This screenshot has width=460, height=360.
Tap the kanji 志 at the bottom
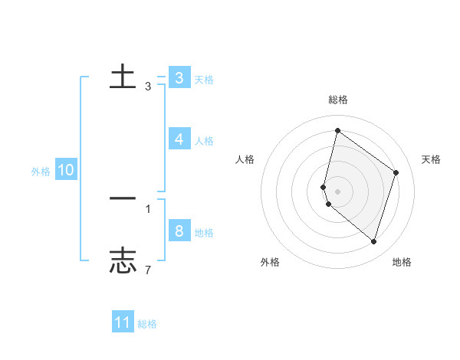(x=123, y=260)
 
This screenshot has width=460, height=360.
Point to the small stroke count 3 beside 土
(x=148, y=87)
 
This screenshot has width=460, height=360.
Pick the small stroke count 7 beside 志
(x=148, y=269)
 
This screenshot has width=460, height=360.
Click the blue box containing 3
(x=179, y=78)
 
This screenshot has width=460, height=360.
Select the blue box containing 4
(x=179, y=139)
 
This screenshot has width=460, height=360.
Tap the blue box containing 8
(x=179, y=231)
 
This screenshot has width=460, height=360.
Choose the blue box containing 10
(x=65, y=171)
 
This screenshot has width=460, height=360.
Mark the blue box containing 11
(x=123, y=323)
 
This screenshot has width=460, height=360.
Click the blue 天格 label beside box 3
(x=204, y=80)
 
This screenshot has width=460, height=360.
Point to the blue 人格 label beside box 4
(x=204, y=141)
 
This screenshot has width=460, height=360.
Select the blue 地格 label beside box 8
(x=204, y=233)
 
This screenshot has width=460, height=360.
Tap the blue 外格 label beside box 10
(x=41, y=172)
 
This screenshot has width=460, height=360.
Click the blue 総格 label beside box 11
(x=147, y=325)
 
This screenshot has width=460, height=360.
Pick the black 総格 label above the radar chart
(x=338, y=100)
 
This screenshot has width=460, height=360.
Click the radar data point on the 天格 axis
(x=396, y=172)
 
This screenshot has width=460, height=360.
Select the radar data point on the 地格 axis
(x=374, y=241)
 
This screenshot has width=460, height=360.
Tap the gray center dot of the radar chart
(x=338, y=191)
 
